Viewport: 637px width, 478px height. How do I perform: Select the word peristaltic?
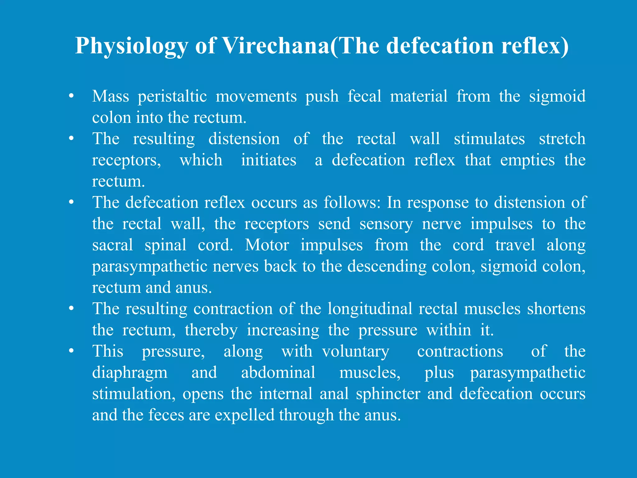pyautogui.click(x=172, y=96)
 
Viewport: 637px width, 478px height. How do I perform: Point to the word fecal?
pyautogui.click(x=364, y=96)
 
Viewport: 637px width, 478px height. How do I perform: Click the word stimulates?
pyautogui.click(x=489, y=139)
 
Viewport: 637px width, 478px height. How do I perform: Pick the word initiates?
pyautogui.click(x=269, y=160)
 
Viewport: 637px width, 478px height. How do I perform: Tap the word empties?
pyautogui.click(x=527, y=160)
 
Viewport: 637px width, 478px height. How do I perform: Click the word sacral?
pyautogui.click(x=113, y=245)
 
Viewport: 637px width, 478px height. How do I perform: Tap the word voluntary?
pyautogui.click(x=356, y=352)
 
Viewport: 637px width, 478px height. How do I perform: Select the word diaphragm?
pyautogui.click(x=130, y=373)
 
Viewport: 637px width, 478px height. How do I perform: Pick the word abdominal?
pyautogui.click(x=278, y=373)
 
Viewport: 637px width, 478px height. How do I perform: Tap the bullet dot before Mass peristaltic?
pyautogui.click(x=72, y=96)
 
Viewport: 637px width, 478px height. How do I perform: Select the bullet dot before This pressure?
pyautogui.click(x=72, y=351)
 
